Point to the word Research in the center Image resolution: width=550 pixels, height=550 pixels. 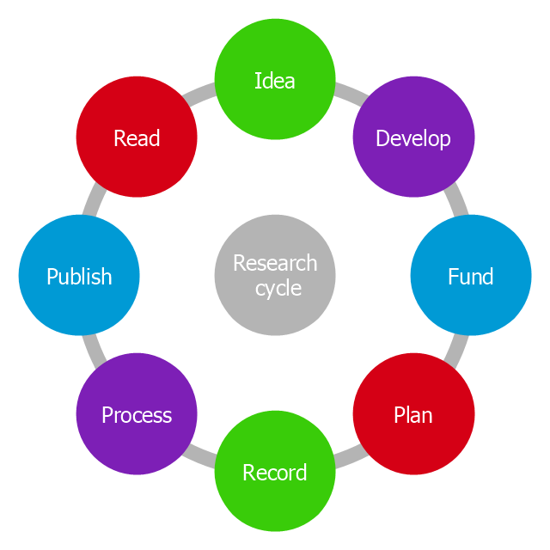coord(275,263)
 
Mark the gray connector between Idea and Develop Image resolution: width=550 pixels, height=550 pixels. coord(345,92)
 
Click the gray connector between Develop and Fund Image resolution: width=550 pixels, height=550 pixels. coord(458,205)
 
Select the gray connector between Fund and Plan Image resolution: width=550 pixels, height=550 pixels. coord(458,346)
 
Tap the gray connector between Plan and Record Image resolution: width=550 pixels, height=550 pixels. coord(345,459)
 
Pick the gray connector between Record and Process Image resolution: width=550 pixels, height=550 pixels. coord(205,459)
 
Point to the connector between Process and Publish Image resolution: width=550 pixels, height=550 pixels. coord(92,346)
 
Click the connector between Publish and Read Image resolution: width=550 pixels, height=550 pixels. coord(92,205)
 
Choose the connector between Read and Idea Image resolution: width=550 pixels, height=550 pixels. coord(205,92)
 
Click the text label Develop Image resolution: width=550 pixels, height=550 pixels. coord(413,138)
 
